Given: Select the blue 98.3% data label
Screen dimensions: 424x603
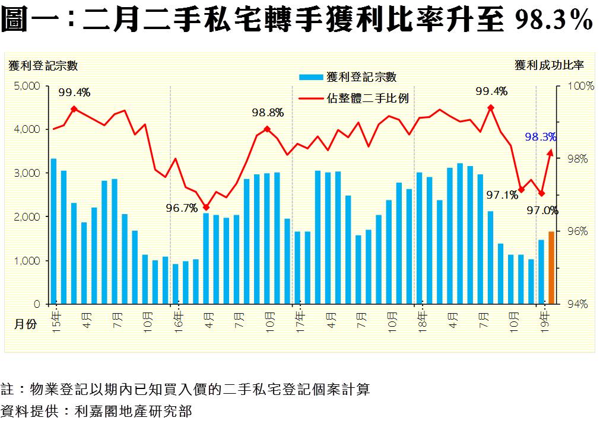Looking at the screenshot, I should [540, 137].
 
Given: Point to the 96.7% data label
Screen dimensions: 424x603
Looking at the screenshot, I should [182, 208].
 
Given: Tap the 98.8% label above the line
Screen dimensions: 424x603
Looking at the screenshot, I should [268, 112].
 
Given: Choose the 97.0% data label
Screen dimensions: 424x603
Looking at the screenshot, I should [542, 210].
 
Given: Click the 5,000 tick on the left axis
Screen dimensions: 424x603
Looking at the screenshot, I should [27, 86].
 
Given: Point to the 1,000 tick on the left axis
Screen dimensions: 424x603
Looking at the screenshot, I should [27, 261].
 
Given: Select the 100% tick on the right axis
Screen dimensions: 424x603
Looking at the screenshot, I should [580, 86].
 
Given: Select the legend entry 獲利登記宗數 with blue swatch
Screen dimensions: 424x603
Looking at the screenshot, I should [348, 76].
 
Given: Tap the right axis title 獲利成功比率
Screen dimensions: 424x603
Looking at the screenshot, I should [549, 65].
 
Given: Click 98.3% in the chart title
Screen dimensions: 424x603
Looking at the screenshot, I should [553, 21].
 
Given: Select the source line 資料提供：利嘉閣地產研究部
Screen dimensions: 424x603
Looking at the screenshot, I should [97, 410].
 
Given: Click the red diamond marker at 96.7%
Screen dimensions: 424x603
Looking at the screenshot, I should [206, 207].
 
